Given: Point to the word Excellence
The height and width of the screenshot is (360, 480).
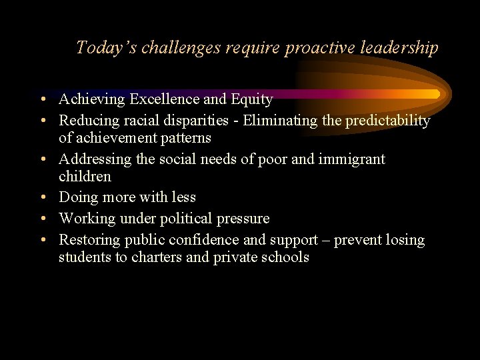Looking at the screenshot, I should (164, 99).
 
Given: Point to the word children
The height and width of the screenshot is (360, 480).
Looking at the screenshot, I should (85, 177).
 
